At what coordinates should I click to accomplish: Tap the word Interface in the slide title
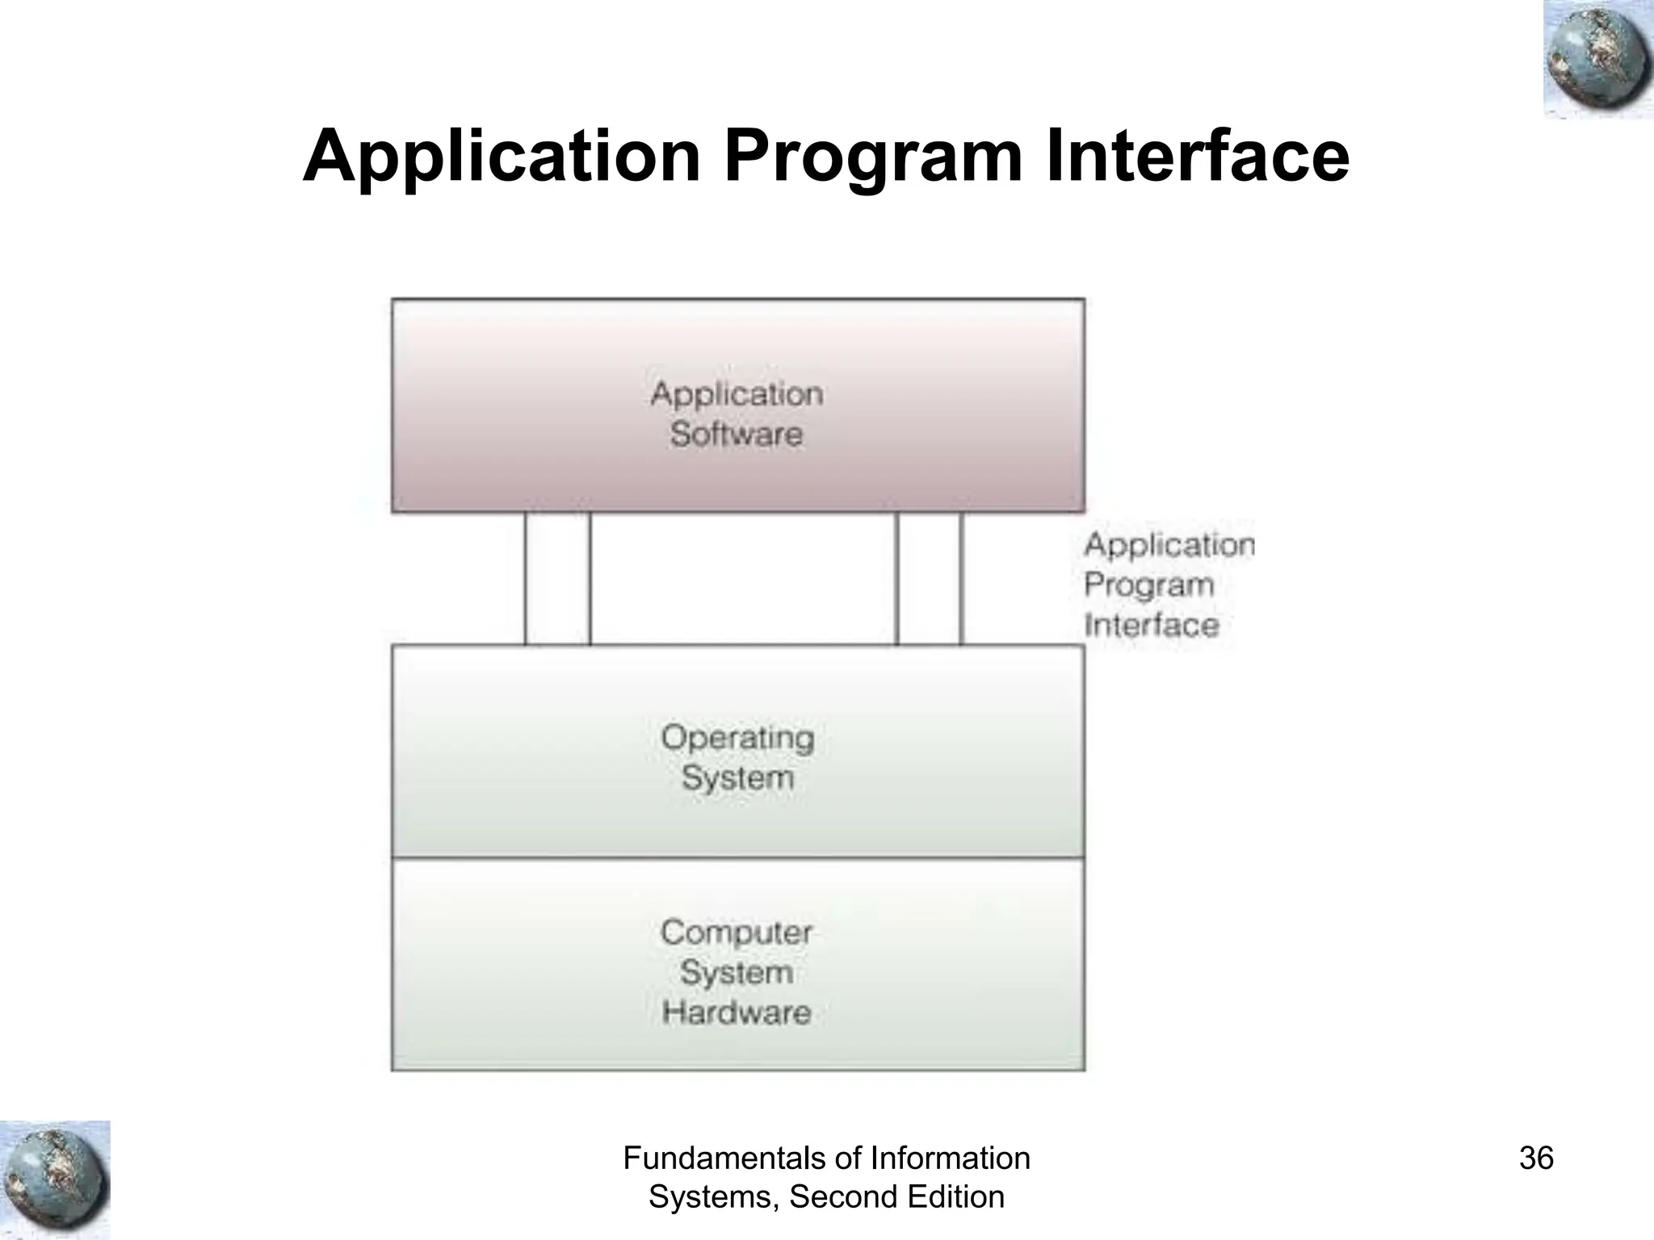coord(1197,156)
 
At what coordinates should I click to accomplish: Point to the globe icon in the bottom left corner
coord(55,1179)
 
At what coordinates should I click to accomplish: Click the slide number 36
coord(1536,1158)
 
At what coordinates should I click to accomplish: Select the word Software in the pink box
coord(737,434)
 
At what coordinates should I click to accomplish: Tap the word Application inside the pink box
coord(737,394)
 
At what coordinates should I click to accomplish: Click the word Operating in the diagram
coord(737,738)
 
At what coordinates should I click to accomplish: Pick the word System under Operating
coord(737,778)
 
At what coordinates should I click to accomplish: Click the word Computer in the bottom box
coord(737,932)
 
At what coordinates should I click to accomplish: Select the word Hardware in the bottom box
coord(737,1012)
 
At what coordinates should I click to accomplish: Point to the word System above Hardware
coord(737,972)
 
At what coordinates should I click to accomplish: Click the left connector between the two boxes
coord(557,579)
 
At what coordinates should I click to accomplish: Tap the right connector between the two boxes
coord(929,579)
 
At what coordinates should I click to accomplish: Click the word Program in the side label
coord(1148,585)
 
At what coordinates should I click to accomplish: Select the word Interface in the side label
coord(1151,625)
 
